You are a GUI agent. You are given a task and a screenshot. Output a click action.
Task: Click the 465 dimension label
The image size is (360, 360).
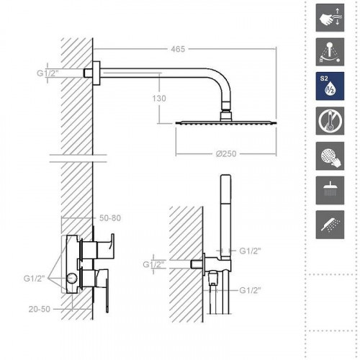click(x=179, y=49)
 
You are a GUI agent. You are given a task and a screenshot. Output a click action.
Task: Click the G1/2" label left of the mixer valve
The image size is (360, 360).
click(x=34, y=277)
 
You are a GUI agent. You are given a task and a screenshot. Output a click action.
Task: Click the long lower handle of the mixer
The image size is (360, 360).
click(x=106, y=292)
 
